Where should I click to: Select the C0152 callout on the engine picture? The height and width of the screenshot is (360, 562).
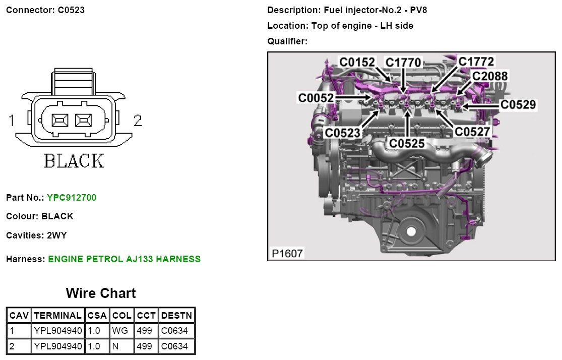point(357,62)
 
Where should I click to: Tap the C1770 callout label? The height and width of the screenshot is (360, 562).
point(403,63)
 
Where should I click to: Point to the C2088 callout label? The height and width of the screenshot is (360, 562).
point(490,76)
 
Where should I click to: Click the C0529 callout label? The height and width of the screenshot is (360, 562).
point(518,105)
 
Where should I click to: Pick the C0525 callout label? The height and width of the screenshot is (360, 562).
point(407,144)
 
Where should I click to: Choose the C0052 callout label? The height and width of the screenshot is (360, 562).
point(316,98)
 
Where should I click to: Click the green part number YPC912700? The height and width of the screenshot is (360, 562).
point(72,198)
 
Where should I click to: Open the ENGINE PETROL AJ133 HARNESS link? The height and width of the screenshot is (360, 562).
point(124,259)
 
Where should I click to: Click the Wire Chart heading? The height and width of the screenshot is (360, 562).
point(101,293)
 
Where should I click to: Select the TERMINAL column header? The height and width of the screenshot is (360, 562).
point(57,316)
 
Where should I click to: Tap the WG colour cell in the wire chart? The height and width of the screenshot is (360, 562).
point(121,331)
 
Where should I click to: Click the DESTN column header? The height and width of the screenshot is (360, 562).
point(176,316)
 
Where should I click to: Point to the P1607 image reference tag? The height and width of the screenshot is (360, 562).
point(288,253)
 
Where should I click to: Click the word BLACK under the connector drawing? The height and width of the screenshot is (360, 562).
point(74,161)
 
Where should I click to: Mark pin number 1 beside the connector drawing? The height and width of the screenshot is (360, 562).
point(11,121)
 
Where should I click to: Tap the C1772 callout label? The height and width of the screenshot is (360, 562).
point(476,62)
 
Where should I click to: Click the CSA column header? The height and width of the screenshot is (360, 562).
point(97,316)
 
